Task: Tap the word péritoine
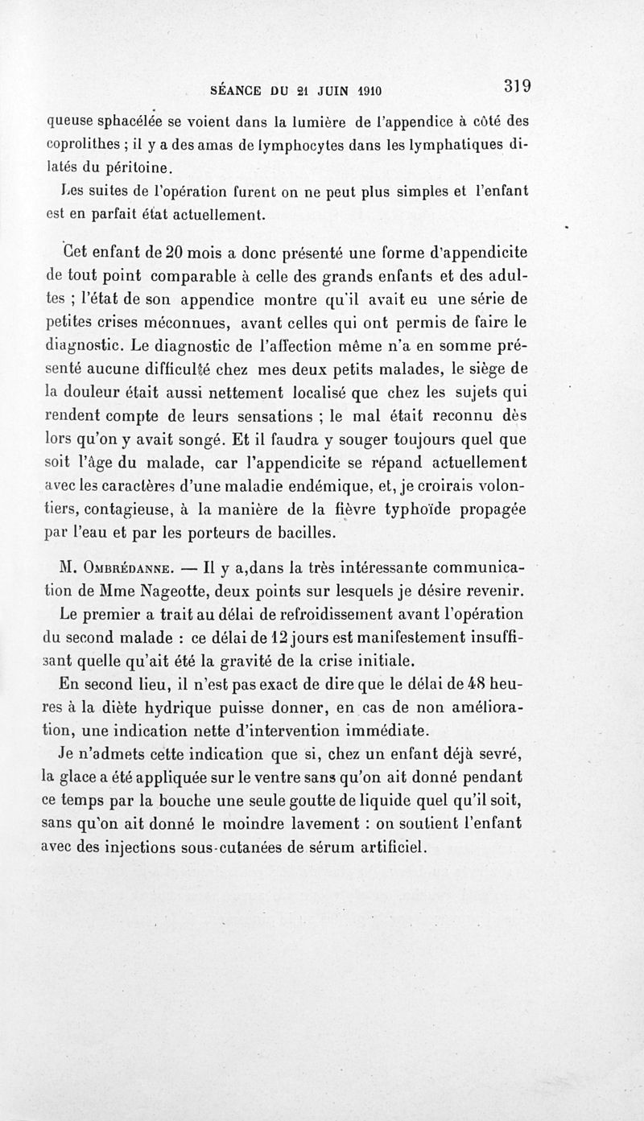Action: (138, 167)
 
